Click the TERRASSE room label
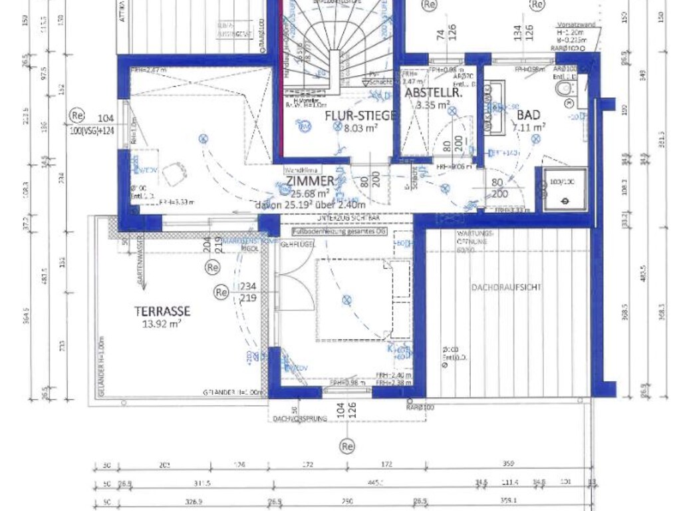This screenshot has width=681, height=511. click(162, 311)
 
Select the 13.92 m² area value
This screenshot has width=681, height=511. click(163, 324)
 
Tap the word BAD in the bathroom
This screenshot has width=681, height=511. click(528, 115)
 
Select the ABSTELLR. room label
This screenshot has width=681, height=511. click(433, 93)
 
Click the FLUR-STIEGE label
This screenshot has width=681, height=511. click(360, 116)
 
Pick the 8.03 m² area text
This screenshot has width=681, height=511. click(360, 128)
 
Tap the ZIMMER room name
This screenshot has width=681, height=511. click(310, 181)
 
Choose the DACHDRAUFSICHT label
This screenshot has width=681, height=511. click(506, 287)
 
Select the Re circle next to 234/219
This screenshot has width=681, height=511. click(221, 291)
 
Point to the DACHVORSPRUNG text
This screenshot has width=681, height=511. click(299, 419)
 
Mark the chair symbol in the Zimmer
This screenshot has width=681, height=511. click(174, 174)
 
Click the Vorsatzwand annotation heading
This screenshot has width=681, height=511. click(574, 25)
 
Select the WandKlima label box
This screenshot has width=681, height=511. click(299, 170)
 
